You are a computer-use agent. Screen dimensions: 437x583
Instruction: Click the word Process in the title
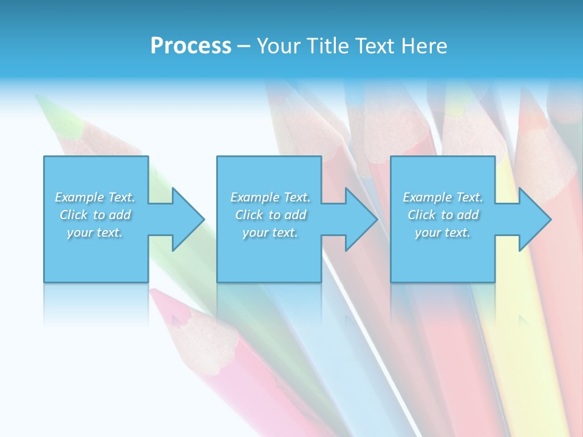pyautogui.click(x=191, y=46)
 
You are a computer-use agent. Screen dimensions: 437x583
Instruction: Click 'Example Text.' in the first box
pyautogui.click(x=95, y=197)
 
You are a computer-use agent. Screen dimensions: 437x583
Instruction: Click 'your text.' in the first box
pyautogui.click(x=95, y=232)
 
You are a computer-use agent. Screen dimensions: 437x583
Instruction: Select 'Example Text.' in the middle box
pyautogui.click(x=270, y=197)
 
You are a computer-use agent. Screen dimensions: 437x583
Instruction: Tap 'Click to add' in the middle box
pyautogui.click(x=270, y=215)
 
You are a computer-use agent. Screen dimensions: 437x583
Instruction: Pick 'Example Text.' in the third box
pyautogui.click(x=443, y=197)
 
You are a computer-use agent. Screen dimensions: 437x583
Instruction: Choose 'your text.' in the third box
pyautogui.click(x=443, y=232)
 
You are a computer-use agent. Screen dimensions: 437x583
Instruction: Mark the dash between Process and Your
pyautogui.click(x=244, y=46)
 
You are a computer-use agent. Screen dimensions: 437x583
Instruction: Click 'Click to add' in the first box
pyautogui.click(x=95, y=215)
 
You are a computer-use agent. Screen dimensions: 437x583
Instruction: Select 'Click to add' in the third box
pyautogui.click(x=443, y=215)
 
